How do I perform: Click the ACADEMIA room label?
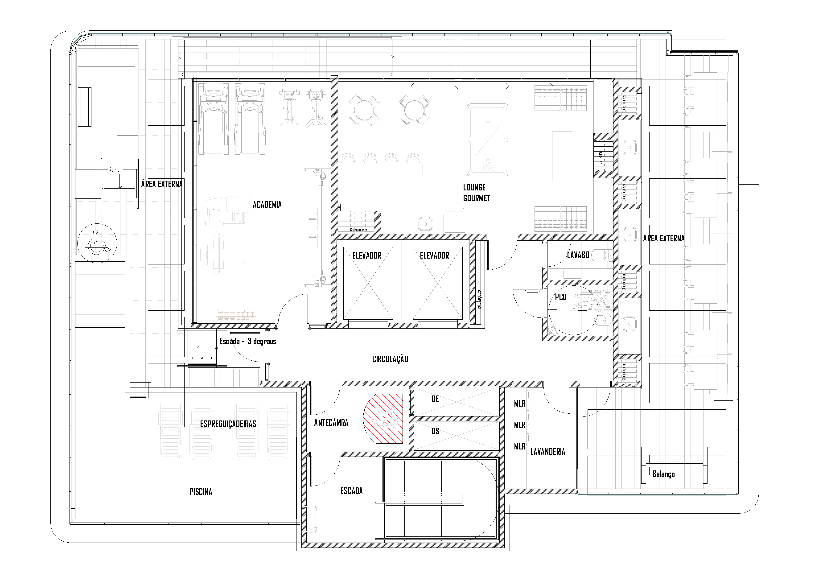click(x=267, y=205)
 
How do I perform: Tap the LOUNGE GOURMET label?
click(x=476, y=193)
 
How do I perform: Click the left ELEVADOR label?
click(x=367, y=255)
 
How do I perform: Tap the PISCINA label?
click(x=201, y=492)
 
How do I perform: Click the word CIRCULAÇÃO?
click(x=390, y=359)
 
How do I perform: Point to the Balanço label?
click(x=663, y=474)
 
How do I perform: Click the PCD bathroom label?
click(x=561, y=297)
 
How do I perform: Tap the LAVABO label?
click(x=578, y=255)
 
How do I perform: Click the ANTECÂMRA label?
click(x=331, y=423)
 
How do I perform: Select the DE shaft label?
click(x=435, y=399)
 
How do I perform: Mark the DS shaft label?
click(x=435, y=431)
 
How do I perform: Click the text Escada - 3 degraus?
click(x=248, y=341)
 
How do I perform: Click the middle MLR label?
click(x=519, y=425)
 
